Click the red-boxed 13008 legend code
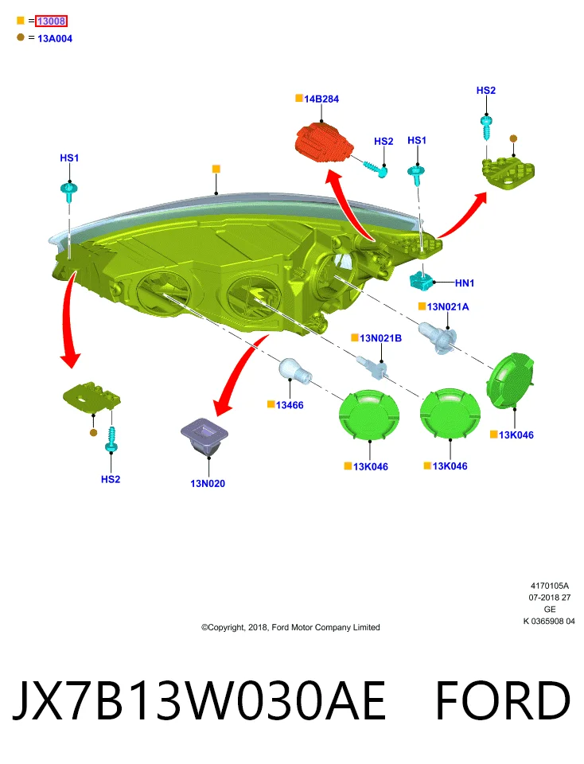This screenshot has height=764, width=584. (51, 21)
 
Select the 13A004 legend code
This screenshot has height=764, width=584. (55, 38)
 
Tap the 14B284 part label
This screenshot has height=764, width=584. (321, 99)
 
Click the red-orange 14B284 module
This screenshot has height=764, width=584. (324, 142)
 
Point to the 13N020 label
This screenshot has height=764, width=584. (208, 483)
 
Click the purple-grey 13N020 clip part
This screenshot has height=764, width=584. (204, 436)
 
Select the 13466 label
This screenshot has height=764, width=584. (290, 405)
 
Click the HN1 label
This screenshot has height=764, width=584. (464, 283)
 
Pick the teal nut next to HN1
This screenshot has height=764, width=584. (422, 279)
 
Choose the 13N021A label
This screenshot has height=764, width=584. (448, 306)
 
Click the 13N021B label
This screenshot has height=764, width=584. (380, 337)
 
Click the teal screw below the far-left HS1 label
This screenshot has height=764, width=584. (69, 190)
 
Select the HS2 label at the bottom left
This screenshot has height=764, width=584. (111, 479)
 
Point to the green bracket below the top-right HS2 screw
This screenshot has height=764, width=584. (508, 173)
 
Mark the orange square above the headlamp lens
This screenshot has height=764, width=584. (216, 169)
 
